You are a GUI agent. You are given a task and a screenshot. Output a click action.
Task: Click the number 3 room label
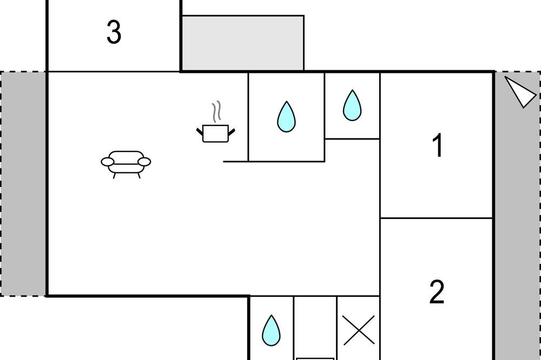tap(114, 32)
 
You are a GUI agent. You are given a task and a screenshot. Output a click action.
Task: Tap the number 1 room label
tap(438, 145)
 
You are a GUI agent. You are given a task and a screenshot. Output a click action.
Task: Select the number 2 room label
tap(437, 292)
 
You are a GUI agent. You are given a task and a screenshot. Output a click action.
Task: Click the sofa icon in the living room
tap(126, 164)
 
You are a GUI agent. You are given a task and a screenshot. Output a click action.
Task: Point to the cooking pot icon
tap(216, 134)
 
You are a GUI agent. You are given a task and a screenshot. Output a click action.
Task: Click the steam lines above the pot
tap(216, 111)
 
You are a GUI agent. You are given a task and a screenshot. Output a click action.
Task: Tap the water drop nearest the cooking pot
tap(286, 117)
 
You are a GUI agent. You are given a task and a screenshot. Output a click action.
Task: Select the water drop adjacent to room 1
tap(352, 105)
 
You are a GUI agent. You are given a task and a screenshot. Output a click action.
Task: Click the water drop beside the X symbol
tap(271, 330)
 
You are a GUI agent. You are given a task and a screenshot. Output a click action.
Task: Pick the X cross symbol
tap(359, 330)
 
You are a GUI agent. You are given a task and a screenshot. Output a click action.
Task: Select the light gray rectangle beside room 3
tap(243, 43)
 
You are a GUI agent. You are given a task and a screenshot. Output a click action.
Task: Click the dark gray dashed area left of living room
tap(23, 183)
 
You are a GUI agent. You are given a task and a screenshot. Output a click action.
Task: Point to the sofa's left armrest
tap(107, 162)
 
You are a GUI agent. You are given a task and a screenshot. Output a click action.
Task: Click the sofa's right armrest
tap(144, 162)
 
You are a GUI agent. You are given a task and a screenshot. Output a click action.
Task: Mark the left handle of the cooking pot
tap(200, 132)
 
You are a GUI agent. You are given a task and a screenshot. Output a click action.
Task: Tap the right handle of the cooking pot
tap(232, 132)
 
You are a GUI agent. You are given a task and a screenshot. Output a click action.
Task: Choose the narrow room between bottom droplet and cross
tap(315, 328)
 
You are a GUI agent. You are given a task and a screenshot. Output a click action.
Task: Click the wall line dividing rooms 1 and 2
tap(436, 218)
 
